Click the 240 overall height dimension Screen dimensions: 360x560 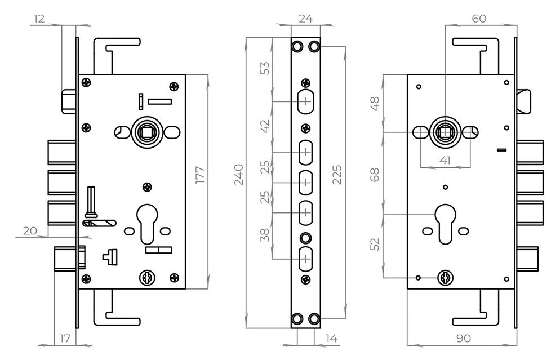coord(238,175)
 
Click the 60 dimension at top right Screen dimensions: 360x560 coord(479,19)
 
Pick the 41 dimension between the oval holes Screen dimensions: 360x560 coord(445,161)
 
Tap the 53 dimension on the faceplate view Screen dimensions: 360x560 coord(265,68)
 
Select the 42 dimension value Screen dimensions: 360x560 coord(265,126)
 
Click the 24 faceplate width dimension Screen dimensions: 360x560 coord(305,19)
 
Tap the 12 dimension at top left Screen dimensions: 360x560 coord(39,19)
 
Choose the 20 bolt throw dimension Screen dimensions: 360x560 coord(30,230)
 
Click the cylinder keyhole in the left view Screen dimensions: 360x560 coord(147,223)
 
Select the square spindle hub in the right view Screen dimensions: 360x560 coord(445,132)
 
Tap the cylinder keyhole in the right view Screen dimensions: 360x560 coord(445,223)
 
